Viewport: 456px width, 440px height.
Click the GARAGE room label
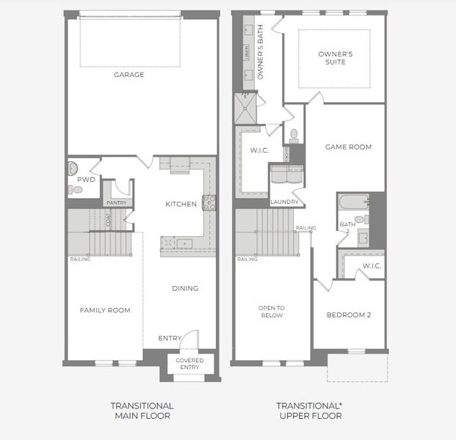[x=129, y=75]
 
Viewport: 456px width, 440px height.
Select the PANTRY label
[x=117, y=203]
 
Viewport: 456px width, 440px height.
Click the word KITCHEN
[x=181, y=205]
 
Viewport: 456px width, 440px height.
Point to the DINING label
[x=185, y=288]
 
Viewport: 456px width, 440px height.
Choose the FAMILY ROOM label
[x=105, y=310]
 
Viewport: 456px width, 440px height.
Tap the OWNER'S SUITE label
[x=336, y=58]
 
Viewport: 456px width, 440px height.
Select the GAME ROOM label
[x=348, y=147]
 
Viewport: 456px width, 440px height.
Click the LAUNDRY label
[x=284, y=202]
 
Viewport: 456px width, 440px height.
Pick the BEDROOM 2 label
[x=348, y=315]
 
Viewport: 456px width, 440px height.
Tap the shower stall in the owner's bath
[x=244, y=110]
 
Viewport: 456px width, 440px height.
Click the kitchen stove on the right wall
[x=209, y=203]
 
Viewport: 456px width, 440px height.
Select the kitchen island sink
[x=183, y=243]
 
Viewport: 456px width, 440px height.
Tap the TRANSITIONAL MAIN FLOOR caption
[x=142, y=411]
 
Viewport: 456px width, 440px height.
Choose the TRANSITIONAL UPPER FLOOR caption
[x=310, y=411]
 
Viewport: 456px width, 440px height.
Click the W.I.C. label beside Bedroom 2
[x=371, y=266]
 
